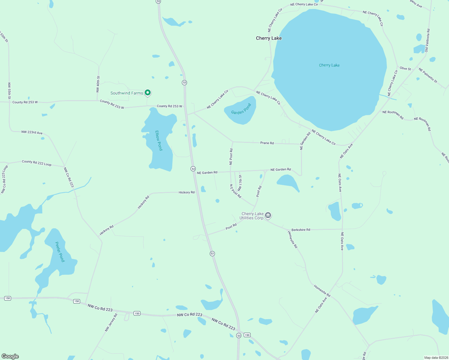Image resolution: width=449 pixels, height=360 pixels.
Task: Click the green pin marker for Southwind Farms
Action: pyautogui.click(x=147, y=93)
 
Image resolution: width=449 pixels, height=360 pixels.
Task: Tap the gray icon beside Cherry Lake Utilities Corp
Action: pyautogui.click(x=268, y=215)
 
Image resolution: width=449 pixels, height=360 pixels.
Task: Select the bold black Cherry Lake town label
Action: pyautogui.click(x=269, y=38)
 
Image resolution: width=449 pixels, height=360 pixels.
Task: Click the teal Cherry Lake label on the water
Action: pyautogui.click(x=329, y=65)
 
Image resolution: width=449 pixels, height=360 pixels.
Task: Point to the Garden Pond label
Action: pyautogui.click(x=241, y=109)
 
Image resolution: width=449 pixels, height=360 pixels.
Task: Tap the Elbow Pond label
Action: pyautogui.click(x=159, y=140)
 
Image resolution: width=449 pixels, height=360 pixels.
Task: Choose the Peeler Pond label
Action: pyautogui.click(x=60, y=252)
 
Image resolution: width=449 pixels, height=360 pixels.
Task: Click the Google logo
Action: pyautogui.click(x=10, y=356)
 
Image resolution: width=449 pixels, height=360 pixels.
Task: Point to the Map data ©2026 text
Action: pyautogui.click(x=436, y=358)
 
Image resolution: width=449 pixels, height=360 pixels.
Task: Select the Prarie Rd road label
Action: pyautogui.click(x=267, y=143)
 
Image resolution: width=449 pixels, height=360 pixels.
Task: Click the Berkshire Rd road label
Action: pyautogui.click(x=301, y=230)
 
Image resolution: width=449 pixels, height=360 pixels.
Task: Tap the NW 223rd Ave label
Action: pyautogui.click(x=32, y=132)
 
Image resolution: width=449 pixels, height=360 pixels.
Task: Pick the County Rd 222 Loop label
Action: pyautogui.click(x=37, y=163)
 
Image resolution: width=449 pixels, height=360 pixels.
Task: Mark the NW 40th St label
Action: pyautogui.click(x=98, y=84)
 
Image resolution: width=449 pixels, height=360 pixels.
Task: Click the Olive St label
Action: pyautogui.click(x=405, y=69)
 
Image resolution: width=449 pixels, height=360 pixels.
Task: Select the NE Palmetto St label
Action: pyautogui.click(x=428, y=76)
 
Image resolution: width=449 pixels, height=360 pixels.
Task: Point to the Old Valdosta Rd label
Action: pyautogui.click(x=427, y=40)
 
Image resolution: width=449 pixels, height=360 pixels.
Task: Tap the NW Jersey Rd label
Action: pyautogui.click(x=111, y=322)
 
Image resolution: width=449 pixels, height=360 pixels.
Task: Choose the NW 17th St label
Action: pyautogui.click(x=240, y=183)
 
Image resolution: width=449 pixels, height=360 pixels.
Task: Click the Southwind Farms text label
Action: pyautogui.click(x=127, y=93)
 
